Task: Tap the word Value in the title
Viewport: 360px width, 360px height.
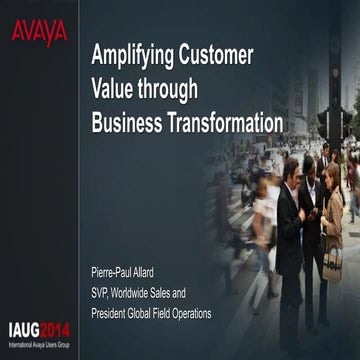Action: (x=115, y=89)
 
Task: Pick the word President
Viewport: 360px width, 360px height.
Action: (x=113, y=314)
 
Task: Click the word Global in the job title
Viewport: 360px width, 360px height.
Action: (x=154, y=314)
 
